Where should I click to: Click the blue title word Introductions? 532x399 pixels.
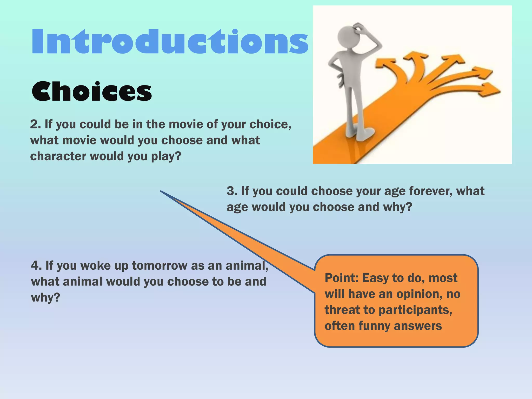click(x=170, y=42)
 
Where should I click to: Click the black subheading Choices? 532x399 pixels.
click(x=91, y=91)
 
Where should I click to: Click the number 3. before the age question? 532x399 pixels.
click(x=232, y=191)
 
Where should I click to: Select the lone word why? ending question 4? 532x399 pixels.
click(x=45, y=298)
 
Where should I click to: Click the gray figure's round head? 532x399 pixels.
click(x=348, y=36)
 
